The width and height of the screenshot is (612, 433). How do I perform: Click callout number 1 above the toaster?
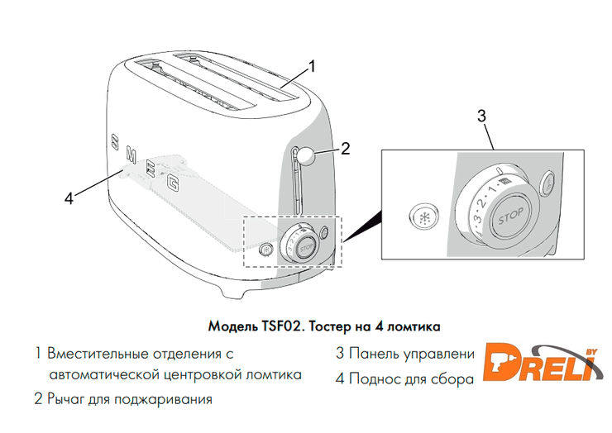click(x=312, y=66)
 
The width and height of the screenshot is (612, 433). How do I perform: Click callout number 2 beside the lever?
click(x=345, y=149)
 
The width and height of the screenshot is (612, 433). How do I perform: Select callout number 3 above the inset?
click(x=482, y=116)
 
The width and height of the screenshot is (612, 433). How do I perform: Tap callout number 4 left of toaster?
click(x=69, y=198)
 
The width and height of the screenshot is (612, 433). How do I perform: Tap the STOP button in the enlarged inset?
click(x=511, y=216)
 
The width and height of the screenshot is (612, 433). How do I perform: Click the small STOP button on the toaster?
click(x=306, y=247)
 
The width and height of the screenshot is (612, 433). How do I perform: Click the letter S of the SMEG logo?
click(x=114, y=142)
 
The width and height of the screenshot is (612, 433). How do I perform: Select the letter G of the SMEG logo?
click(x=173, y=183)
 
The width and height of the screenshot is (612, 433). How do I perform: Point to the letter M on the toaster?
click(x=131, y=155)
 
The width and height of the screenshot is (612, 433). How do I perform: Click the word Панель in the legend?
click(x=374, y=354)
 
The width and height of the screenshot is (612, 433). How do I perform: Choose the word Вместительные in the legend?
click(x=98, y=354)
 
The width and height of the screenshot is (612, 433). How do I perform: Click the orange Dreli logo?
click(x=543, y=363)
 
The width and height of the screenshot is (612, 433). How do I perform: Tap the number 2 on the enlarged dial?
click(x=482, y=202)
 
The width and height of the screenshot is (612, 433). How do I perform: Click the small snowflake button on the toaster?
click(x=266, y=250)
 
